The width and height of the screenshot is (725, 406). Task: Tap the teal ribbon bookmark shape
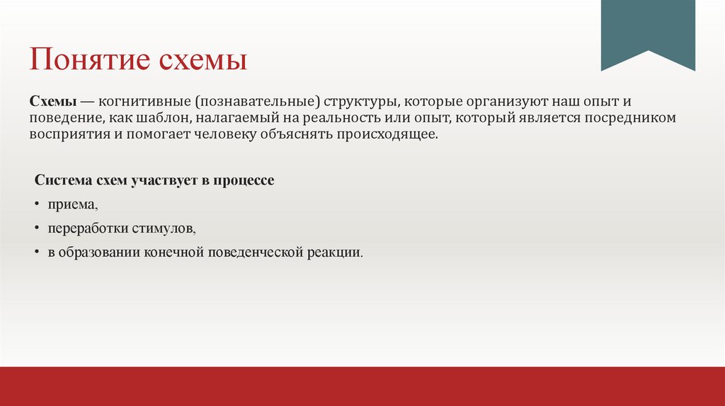(x=648, y=32)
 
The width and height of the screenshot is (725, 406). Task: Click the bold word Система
(x=62, y=180)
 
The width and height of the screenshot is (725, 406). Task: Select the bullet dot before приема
(x=38, y=204)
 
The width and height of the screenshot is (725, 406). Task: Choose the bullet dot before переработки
(x=38, y=228)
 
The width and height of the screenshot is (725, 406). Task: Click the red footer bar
(x=362, y=386)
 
